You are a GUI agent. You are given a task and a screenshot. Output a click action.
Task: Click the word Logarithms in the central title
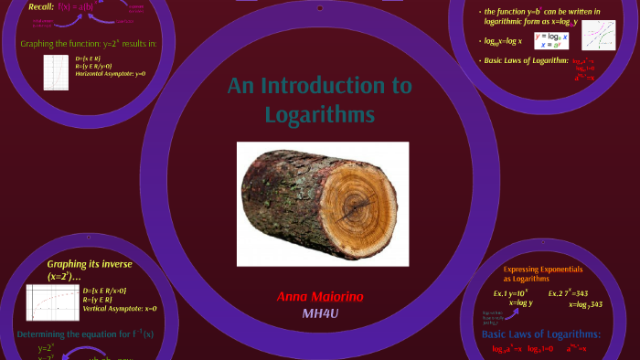(x=319, y=115)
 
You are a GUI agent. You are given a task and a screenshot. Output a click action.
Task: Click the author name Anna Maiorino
(x=319, y=298)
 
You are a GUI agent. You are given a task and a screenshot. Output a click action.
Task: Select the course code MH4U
(x=321, y=313)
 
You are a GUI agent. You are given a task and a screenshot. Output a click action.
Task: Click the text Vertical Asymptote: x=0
(x=119, y=308)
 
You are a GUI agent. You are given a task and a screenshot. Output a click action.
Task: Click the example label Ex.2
(x=557, y=293)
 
